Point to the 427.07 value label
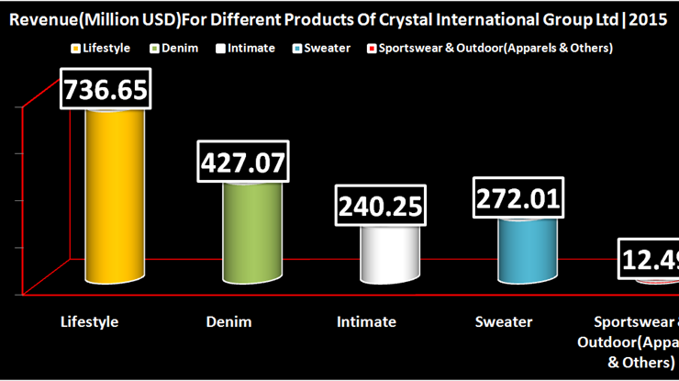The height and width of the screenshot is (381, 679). point(243,162)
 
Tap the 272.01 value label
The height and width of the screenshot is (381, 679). point(518,198)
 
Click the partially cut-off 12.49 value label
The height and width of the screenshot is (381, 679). point(650,261)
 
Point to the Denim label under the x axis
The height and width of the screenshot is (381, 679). point(228,321)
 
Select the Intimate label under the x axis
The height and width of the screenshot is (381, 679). point(366,321)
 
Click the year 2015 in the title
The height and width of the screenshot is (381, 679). point(646,17)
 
